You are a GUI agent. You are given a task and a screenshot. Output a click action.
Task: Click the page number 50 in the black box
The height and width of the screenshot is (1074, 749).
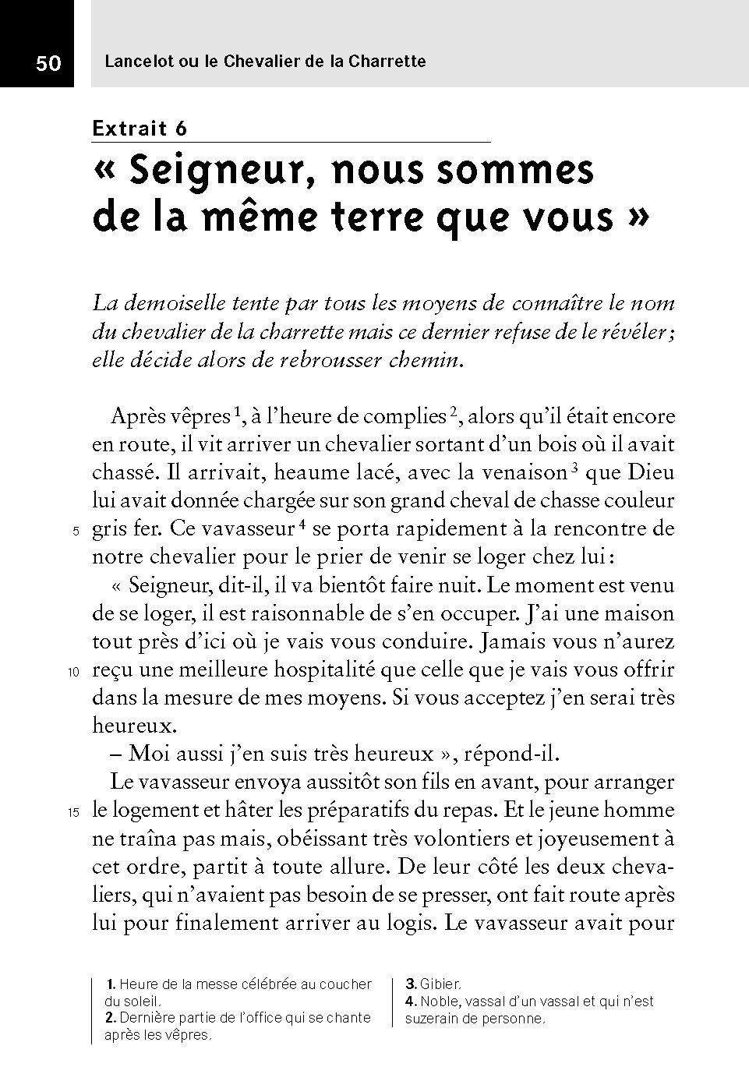(x=48, y=63)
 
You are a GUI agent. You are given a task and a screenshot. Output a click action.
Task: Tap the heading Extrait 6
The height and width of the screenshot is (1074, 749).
(x=139, y=129)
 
